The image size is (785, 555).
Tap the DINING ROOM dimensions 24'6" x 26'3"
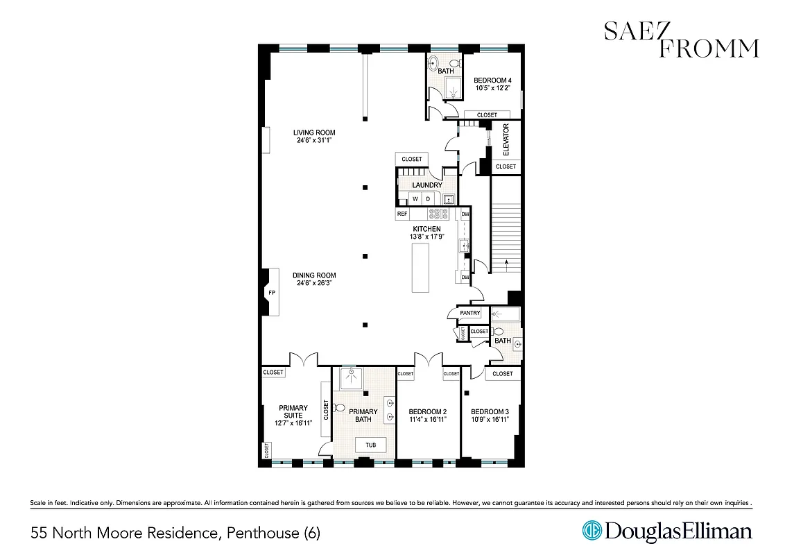[313, 283]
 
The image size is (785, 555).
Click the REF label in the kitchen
[402, 214]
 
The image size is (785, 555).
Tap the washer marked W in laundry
[415, 199]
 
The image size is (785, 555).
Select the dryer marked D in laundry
[428, 199]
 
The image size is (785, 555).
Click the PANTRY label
[469, 314]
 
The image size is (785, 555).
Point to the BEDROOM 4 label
[492, 80]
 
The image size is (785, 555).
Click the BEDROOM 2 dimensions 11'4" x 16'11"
[427, 420]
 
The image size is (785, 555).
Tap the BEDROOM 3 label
[490, 411]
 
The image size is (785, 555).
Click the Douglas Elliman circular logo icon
[592, 531]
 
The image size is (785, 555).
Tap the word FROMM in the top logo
[708, 48]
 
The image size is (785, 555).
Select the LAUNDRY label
[426, 185]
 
